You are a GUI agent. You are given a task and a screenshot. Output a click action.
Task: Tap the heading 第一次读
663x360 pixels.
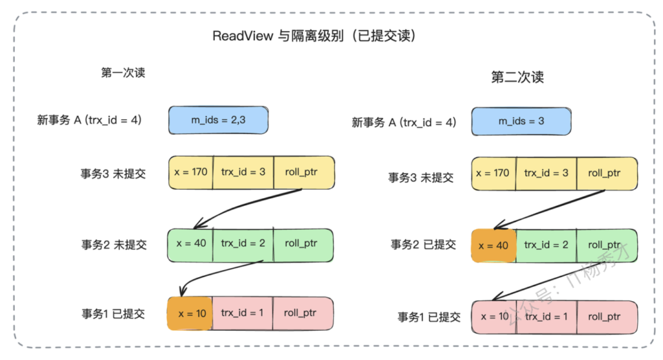(x=123, y=73)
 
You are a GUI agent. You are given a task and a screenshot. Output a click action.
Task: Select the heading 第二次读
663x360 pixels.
(x=517, y=77)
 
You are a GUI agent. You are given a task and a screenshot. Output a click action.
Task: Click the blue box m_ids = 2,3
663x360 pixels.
(x=218, y=120)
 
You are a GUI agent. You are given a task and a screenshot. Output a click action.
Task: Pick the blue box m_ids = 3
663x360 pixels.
(x=521, y=121)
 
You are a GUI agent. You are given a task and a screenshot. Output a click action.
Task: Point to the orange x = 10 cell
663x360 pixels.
(x=191, y=314)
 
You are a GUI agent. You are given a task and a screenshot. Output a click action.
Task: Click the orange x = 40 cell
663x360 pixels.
(x=494, y=246)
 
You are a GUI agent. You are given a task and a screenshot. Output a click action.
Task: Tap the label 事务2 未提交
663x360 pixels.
(x=114, y=245)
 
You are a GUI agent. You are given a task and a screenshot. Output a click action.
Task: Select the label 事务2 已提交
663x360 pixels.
(x=423, y=245)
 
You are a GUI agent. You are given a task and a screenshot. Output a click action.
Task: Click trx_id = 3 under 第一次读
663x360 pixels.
(x=243, y=172)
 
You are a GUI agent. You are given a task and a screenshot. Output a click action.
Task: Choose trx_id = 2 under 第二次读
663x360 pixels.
(x=546, y=245)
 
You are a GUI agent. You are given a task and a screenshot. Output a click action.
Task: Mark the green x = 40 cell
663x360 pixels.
(x=191, y=244)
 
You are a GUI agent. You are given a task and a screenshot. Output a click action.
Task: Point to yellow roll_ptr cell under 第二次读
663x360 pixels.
(x=606, y=174)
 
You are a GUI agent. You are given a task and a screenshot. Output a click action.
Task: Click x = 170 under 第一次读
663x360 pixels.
(x=191, y=172)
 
